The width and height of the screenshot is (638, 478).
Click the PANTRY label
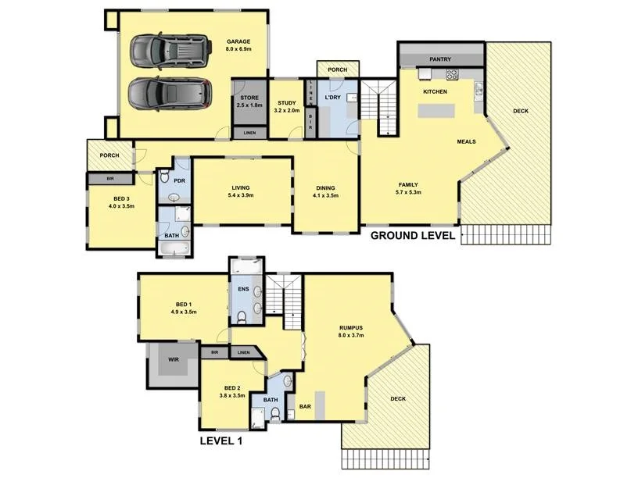[x=440, y=59]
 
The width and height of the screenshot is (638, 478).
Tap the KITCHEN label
[x=435, y=92]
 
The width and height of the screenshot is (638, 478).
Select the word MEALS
[x=467, y=141]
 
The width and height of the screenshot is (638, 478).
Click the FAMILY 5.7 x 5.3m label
[x=408, y=188]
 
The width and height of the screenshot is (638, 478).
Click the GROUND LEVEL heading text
[x=412, y=235]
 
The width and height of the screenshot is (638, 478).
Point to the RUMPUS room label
[x=349, y=331]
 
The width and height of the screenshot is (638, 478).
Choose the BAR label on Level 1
[x=306, y=406]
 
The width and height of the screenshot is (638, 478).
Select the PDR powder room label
[x=179, y=181]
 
